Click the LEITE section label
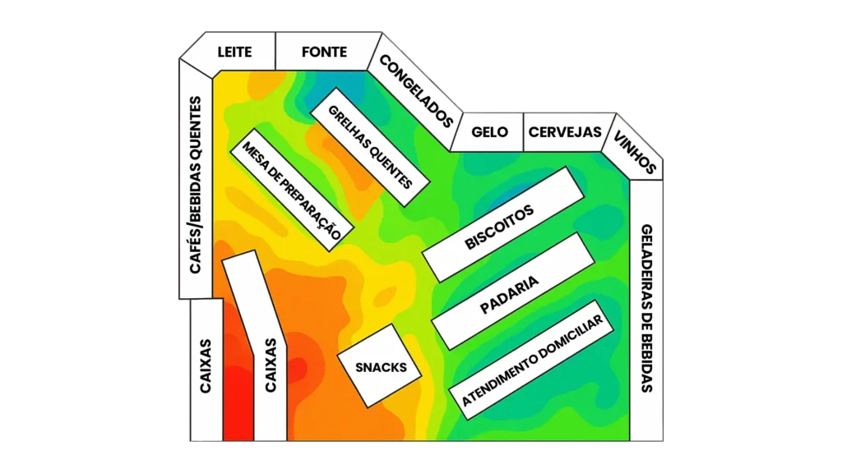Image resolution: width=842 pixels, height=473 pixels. coord(234,52)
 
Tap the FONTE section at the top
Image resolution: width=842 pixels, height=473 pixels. coord(324,52)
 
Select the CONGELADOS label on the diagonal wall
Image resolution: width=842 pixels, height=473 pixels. coord(416,90)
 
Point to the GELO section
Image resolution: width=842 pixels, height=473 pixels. coord(490,132)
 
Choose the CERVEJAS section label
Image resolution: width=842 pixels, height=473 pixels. coord(565,132)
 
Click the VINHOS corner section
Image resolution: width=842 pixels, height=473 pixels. coord(635,152)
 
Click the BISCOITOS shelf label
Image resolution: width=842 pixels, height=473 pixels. coord(499,227)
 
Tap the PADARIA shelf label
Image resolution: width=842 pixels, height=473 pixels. coord(509,295)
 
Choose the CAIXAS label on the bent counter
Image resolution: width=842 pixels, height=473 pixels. coord(271,365)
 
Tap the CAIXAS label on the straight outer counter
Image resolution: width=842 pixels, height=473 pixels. coord(205,365)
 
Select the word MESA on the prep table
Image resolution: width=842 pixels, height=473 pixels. coord(251,151)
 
